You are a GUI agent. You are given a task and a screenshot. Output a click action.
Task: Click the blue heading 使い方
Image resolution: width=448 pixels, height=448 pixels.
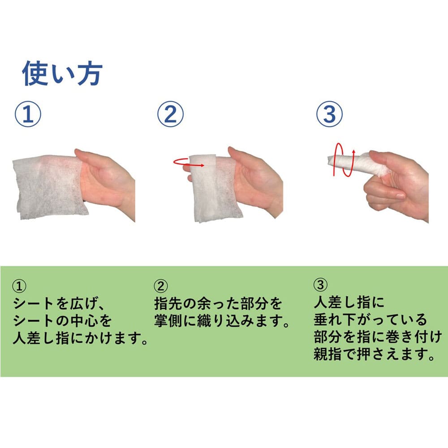point(62,73)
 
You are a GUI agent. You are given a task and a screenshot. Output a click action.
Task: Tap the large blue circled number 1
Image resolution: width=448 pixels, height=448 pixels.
point(28,114)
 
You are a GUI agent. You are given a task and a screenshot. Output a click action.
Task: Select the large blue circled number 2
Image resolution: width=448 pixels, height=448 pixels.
point(170,114)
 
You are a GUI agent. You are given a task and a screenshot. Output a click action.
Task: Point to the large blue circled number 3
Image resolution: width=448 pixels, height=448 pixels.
point(329,114)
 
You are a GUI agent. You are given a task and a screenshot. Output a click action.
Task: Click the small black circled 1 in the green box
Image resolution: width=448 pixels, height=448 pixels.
point(19,286)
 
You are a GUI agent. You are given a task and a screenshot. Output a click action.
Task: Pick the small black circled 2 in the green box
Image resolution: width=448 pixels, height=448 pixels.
point(161,286)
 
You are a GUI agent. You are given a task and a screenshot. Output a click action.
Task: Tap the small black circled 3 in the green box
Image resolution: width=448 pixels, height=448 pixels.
point(320,285)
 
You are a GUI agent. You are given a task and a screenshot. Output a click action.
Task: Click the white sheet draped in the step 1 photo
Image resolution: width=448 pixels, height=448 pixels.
point(48,187)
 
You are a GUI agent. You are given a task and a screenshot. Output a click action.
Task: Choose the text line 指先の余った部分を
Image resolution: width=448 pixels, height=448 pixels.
point(218,303)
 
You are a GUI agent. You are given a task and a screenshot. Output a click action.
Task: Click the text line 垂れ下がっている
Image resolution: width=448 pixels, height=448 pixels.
point(370,320)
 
